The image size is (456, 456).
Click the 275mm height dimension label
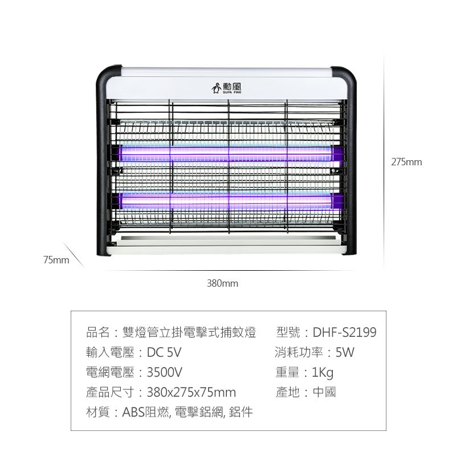[x=406, y=162]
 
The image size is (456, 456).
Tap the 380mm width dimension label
[x=222, y=283]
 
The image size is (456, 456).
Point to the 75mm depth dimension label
[x=56, y=260]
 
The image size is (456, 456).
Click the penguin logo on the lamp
[x=216, y=88]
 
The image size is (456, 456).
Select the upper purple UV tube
[x=227, y=153]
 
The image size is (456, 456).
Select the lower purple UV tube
[x=227, y=200]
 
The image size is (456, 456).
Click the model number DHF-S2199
[x=344, y=332]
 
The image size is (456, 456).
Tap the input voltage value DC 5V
[x=164, y=352]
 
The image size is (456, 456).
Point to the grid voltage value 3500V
[x=164, y=372]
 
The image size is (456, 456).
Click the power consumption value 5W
[x=345, y=352]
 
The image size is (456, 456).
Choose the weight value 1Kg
[x=323, y=373]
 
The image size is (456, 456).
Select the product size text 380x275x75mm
[x=191, y=392]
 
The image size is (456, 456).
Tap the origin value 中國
[x=324, y=392]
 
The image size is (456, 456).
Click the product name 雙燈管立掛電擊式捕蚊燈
[x=189, y=332]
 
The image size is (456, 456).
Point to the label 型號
[x=288, y=332]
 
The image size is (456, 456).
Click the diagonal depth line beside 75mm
[x=73, y=254]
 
